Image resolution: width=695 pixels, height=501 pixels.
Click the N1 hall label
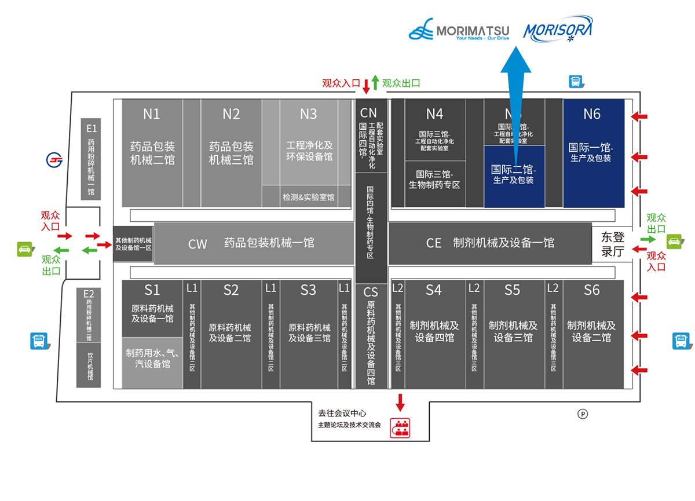(x=152, y=114)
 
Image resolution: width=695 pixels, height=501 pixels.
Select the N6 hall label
(x=592, y=114)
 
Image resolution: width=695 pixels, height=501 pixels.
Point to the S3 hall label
(x=309, y=290)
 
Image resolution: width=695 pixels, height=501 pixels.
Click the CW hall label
(x=197, y=244)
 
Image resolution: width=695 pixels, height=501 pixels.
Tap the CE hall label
(x=434, y=243)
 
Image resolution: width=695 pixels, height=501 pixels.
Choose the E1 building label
(x=92, y=128)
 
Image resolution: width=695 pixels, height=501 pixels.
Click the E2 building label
(x=89, y=294)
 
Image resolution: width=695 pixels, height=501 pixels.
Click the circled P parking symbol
(x=583, y=414)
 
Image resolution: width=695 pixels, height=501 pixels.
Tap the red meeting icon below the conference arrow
(x=400, y=428)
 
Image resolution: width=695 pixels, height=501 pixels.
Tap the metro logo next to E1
(x=54, y=160)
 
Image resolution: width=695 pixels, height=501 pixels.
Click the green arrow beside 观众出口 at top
(x=375, y=82)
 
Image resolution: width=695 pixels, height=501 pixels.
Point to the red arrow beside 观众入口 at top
(x=366, y=86)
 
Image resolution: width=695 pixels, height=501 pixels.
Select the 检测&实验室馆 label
(x=308, y=197)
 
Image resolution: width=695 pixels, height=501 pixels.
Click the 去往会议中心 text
(x=342, y=413)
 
